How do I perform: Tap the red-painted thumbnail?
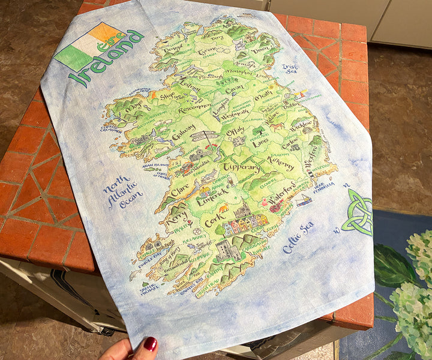[149, 344]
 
